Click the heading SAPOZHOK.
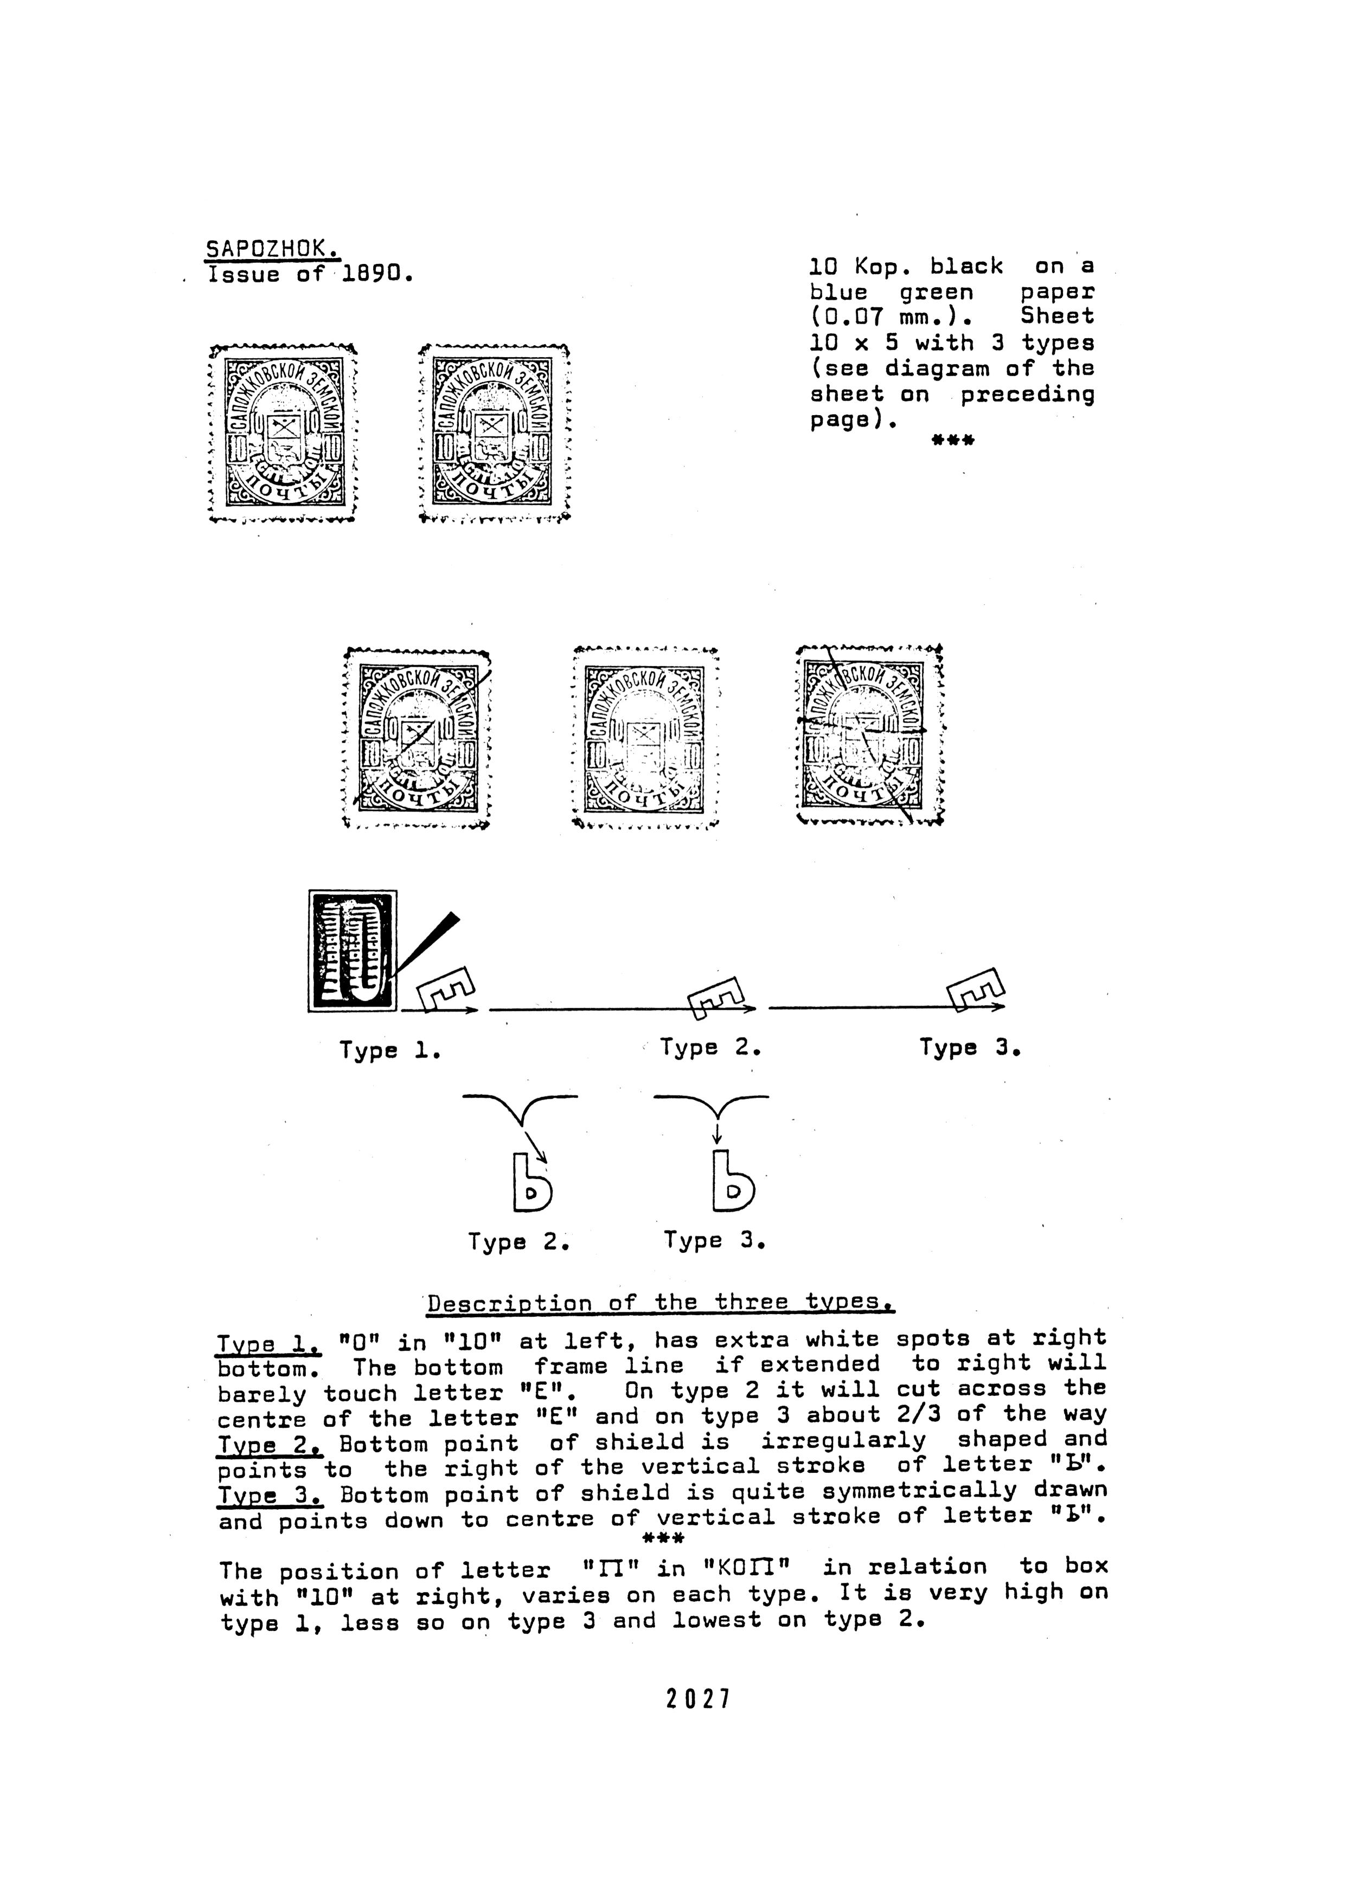[x=272, y=248]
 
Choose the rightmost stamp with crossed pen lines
[x=869, y=735]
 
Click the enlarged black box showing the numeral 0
[x=353, y=951]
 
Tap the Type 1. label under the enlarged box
[x=389, y=1051]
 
